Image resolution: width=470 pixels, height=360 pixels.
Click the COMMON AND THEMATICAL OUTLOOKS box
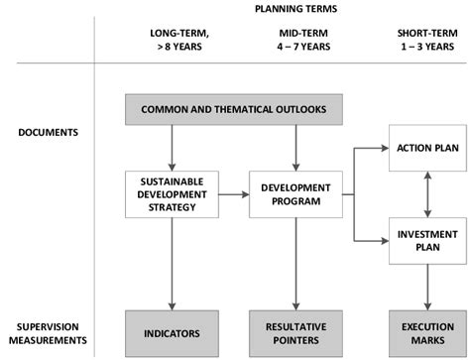pos(233,109)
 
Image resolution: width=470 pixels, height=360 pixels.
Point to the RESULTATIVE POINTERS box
pos(296,332)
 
